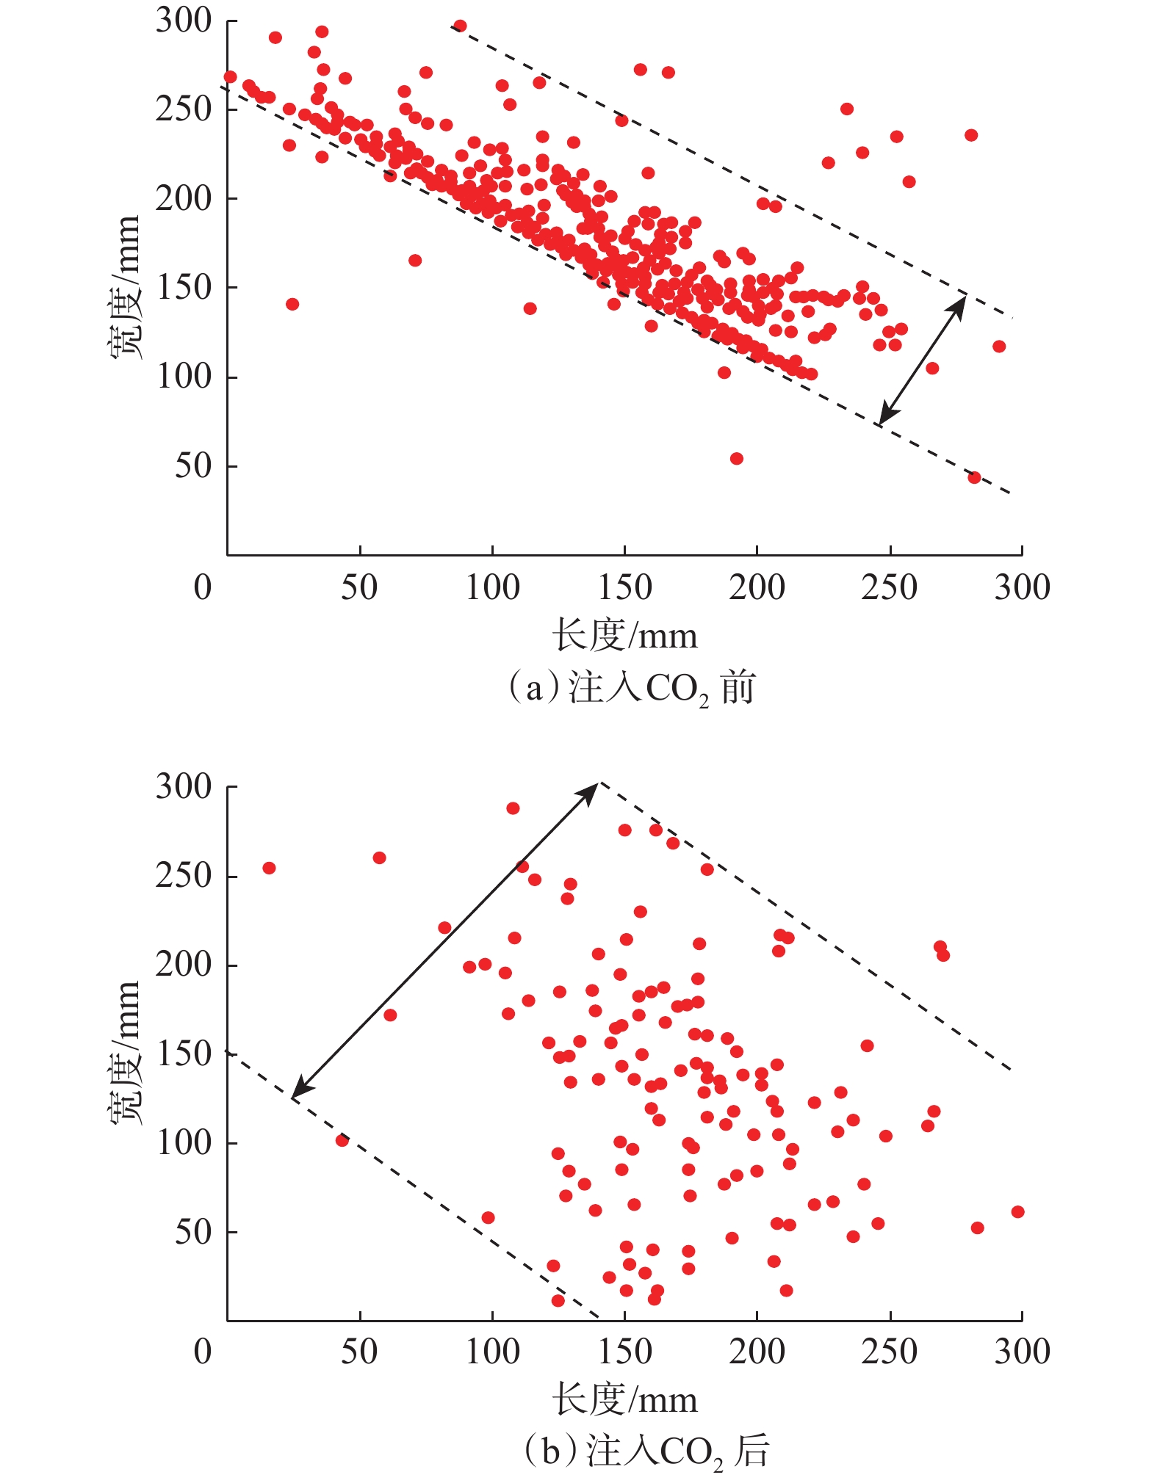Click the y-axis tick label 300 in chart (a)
point(184,21)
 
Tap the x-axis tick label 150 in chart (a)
point(624,587)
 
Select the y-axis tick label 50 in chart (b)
point(193,1231)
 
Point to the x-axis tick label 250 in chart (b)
point(890,1352)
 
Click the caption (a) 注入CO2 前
point(632,689)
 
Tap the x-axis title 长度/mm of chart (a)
point(624,635)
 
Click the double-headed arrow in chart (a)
point(923,359)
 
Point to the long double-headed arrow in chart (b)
point(445,940)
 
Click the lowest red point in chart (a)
point(974,477)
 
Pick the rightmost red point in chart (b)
point(1017,1211)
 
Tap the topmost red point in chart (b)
point(513,808)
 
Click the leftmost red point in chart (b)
point(269,868)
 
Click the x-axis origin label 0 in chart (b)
point(203,1352)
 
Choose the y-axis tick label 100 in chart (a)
point(184,377)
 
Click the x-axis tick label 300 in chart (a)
point(1022,587)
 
